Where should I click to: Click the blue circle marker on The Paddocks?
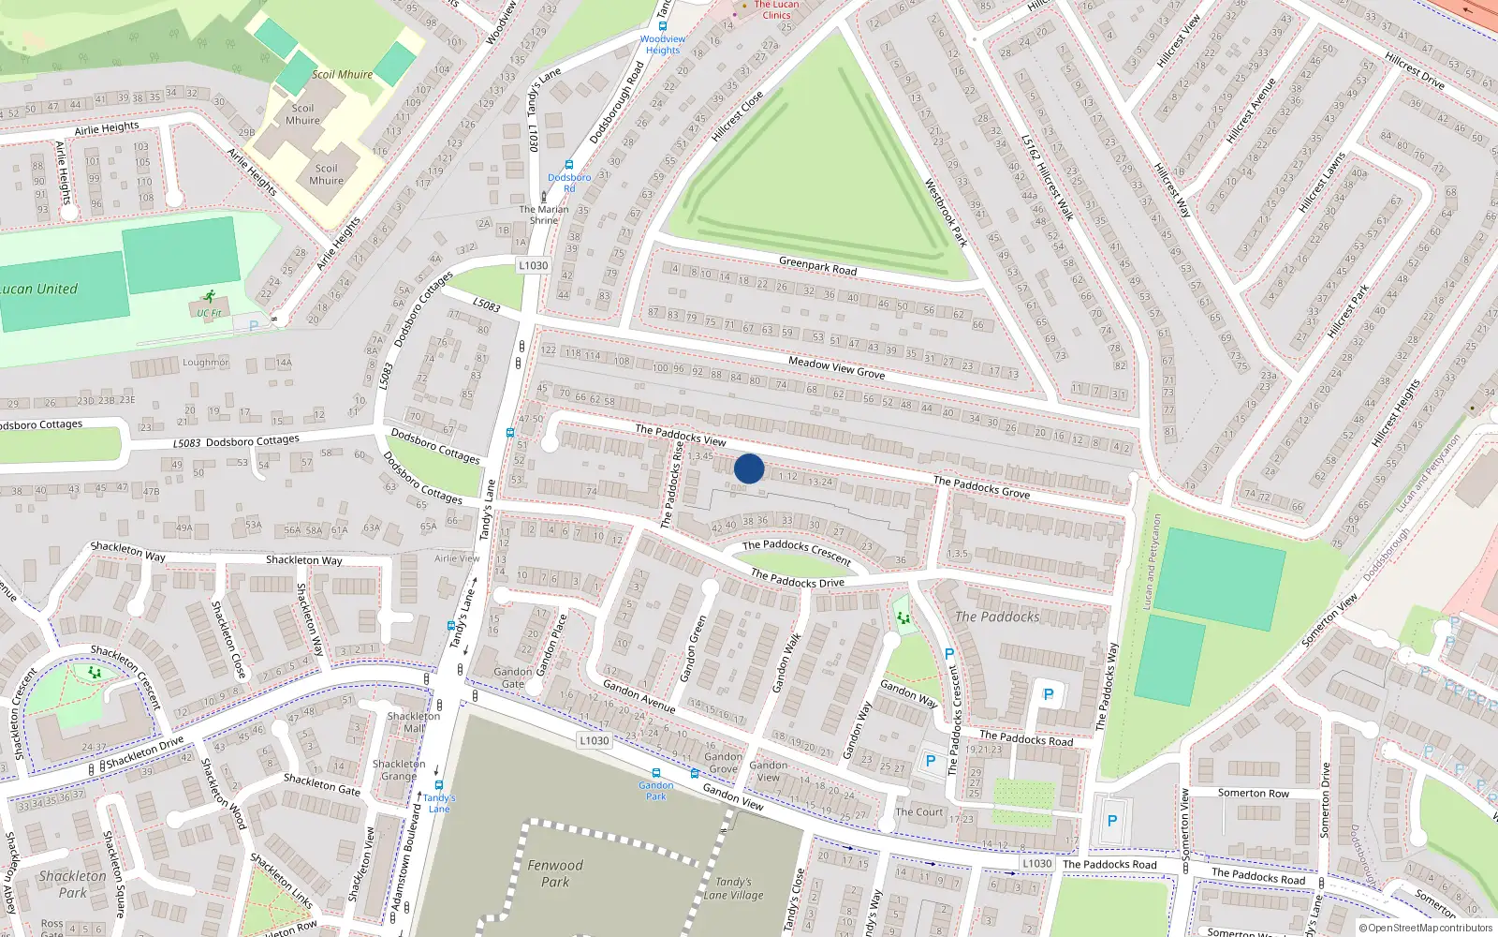[749, 468]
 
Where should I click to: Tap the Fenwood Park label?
[554, 873]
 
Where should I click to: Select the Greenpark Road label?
[817, 266]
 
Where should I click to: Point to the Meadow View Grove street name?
[836, 366]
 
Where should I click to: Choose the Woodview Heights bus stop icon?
[663, 26]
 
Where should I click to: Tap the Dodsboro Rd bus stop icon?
[569, 165]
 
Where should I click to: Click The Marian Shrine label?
[544, 215]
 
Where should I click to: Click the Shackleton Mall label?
[413, 721]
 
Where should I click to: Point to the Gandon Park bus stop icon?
[656, 773]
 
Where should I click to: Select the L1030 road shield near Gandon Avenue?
[594, 740]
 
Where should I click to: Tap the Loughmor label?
[205, 363]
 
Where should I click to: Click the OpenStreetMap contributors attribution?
[1426, 929]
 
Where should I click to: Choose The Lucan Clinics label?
[776, 9]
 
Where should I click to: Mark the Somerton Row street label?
[1253, 793]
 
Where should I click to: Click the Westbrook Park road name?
[946, 213]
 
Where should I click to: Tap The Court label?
[919, 812]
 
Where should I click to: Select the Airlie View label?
[457, 558]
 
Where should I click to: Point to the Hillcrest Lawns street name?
[1322, 182]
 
